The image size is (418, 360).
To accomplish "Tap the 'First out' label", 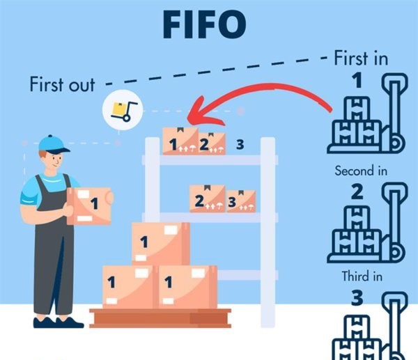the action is tap(61, 85).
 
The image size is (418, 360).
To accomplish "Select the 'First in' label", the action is tap(360, 57).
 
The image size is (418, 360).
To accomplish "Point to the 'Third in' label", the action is tap(362, 276).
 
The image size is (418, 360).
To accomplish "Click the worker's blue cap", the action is tap(53, 144).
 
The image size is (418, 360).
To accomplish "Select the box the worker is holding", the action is tap(88, 205).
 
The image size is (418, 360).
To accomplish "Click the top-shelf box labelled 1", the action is tap(180, 141).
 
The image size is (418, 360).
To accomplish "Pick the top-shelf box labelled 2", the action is tap(211, 143).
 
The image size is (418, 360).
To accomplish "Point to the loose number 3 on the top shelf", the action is tap(240, 145).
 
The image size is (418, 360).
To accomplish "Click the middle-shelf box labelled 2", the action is tap(207, 199).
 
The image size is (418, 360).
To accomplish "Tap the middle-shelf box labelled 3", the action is tap(240, 201).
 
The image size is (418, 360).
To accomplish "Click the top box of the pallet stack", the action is tap(160, 243).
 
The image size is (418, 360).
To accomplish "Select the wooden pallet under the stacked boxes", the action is tap(160, 318).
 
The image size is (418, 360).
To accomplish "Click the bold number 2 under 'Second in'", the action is tap(357, 191).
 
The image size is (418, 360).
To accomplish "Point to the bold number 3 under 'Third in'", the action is tap(357, 299).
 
